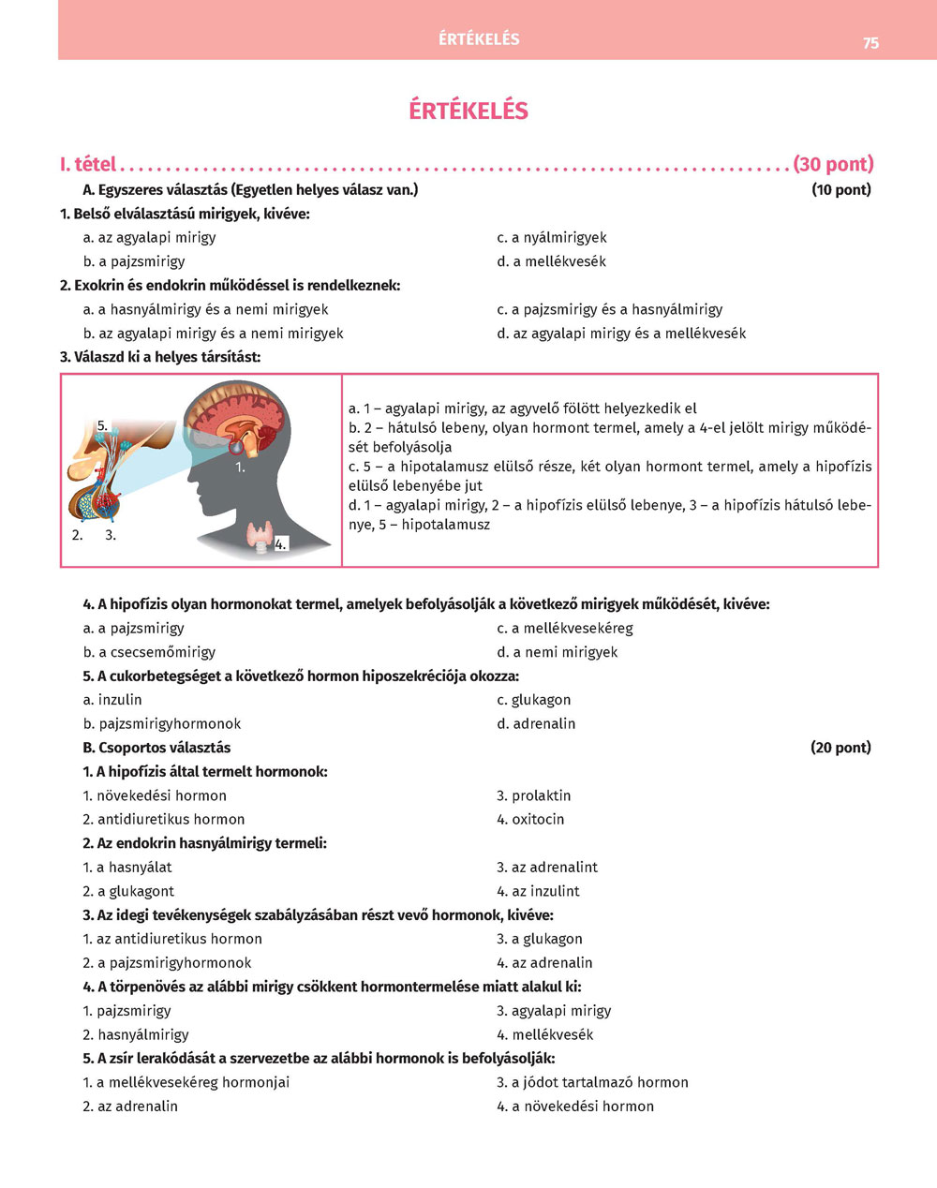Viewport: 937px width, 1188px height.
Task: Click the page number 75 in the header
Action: coord(870,43)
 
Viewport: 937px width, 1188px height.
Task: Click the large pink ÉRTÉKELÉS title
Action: coord(468,111)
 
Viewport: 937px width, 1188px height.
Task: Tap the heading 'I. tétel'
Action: coord(88,165)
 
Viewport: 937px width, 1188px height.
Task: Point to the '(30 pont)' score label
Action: coord(833,165)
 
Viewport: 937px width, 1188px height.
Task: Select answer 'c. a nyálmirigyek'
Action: coord(552,238)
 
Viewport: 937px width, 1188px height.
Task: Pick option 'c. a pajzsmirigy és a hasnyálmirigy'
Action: coord(610,309)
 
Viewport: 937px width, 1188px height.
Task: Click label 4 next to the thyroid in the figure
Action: coord(280,543)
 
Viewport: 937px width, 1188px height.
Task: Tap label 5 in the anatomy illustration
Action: coord(103,425)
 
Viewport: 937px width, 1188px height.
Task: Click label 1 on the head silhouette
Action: coord(239,467)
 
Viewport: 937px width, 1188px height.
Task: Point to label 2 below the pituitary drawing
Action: coord(77,535)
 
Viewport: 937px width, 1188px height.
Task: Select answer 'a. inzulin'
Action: coord(112,700)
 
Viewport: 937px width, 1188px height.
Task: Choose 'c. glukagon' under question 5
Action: coord(533,700)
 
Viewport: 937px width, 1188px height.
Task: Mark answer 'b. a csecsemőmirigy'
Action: coord(149,652)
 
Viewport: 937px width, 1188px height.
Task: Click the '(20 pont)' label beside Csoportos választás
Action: coord(840,748)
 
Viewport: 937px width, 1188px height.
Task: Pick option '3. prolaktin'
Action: coord(533,795)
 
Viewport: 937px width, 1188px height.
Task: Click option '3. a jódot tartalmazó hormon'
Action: coord(592,1082)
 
